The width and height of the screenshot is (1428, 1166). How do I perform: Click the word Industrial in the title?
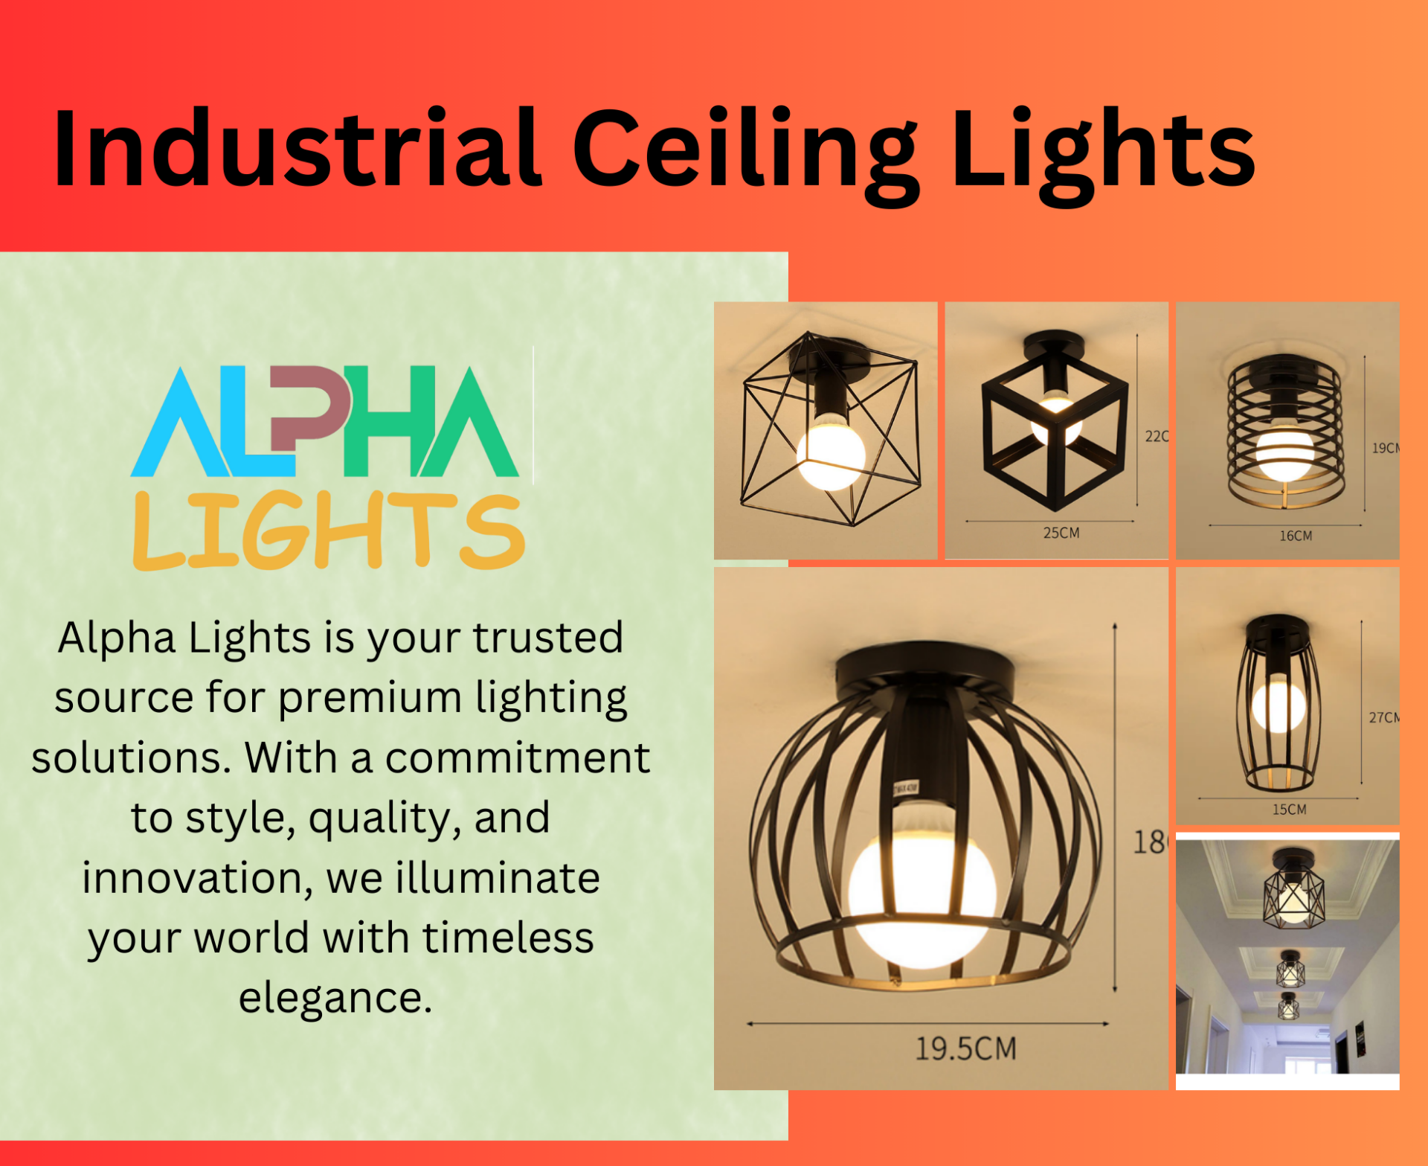pyautogui.click(x=296, y=149)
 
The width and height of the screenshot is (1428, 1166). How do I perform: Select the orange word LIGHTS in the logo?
pyautogui.click(x=329, y=531)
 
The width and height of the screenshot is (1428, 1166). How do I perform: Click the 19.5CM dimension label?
pyautogui.click(x=965, y=1048)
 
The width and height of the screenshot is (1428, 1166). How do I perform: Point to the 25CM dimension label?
pyautogui.click(x=1061, y=533)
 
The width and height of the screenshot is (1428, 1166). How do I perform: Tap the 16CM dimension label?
pyautogui.click(x=1295, y=536)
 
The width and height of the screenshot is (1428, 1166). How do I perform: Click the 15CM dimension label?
pyautogui.click(x=1289, y=810)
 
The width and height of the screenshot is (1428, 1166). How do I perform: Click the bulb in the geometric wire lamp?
pyautogui.click(x=831, y=452)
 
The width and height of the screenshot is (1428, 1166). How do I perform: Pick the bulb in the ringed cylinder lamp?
pyautogui.click(x=1284, y=451)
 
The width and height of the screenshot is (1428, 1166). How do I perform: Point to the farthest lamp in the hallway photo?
pyautogui.click(x=1288, y=1005)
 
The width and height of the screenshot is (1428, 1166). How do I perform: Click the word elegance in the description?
pyautogui.click(x=335, y=998)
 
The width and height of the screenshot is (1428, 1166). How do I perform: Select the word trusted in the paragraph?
pyautogui.click(x=548, y=638)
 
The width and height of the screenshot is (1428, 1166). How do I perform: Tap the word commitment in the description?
pyautogui.click(x=517, y=757)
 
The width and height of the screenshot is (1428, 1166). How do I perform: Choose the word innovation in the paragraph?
pyautogui.click(x=198, y=878)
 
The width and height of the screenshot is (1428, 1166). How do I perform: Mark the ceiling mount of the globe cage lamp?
pyautogui.click(x=924, y=667)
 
